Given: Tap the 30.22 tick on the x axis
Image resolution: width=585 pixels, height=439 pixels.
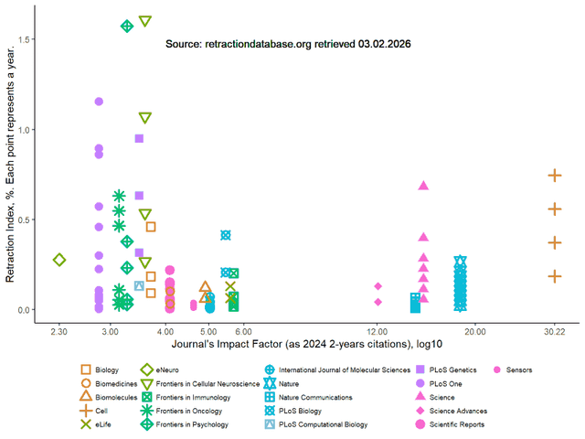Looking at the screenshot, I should (554, 329).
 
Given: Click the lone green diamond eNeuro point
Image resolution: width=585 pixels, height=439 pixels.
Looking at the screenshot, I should (59, 260).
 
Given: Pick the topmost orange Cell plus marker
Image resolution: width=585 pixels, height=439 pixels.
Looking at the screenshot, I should (554, 175).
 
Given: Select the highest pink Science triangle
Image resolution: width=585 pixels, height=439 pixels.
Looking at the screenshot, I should (423, 186).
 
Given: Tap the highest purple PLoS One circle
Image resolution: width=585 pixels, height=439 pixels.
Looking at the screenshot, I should (99, 102).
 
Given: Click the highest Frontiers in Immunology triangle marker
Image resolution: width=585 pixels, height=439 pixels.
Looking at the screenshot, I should (144, 21).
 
